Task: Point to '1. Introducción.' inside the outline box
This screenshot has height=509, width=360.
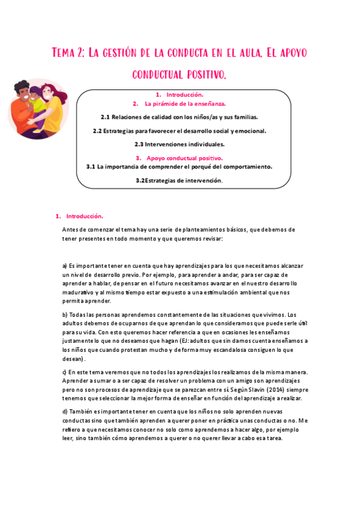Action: [179, 95]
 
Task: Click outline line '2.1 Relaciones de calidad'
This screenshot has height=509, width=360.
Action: [179, 117]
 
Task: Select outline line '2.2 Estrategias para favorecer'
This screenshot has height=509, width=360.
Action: [179, 131]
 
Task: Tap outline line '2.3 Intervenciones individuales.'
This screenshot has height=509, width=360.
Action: [179, 144]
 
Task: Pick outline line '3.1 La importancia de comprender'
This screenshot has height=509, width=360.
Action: [179, 166]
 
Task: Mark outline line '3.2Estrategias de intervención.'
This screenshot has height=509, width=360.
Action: [179, 180]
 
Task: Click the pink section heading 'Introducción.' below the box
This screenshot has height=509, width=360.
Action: [85, 216]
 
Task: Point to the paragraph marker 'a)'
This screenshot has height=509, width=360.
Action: [65, 265]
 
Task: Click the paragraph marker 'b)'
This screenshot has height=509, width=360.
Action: [65, 315]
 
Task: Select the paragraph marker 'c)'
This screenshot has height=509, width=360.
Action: [65, 373]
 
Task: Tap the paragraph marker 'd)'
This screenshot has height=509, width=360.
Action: [65, 412]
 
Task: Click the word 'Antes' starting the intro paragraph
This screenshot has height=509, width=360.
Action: [70, 230]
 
